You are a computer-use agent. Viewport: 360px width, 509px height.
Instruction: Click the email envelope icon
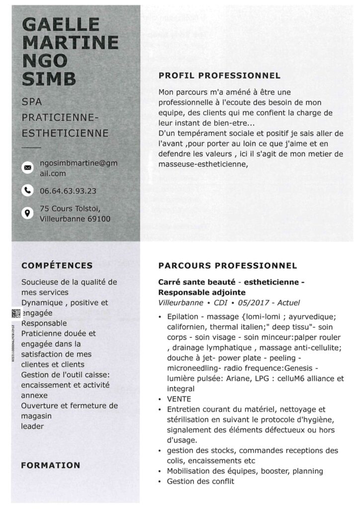point(28,168)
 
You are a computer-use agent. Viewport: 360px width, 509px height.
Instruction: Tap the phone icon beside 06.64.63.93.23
point(28,190)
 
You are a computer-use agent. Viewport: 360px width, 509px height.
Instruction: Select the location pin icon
point(28,213)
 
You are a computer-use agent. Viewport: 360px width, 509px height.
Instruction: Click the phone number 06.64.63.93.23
point(68,190)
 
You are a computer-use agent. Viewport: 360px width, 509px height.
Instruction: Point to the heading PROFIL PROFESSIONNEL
point(219,76)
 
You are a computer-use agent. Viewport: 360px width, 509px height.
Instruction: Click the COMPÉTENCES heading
point(57,266)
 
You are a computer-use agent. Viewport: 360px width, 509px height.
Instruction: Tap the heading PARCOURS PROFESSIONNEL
point(227,266)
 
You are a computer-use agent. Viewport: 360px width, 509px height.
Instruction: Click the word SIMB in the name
point(50,79)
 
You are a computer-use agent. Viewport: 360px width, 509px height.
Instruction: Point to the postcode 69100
point(98,219)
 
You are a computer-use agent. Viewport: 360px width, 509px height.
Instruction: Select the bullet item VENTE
point(179,399)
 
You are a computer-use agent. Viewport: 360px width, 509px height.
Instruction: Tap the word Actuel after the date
point(288,303)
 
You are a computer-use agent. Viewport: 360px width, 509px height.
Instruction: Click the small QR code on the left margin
point(16,313)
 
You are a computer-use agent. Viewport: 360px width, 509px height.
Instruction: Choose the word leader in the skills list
point(32,426)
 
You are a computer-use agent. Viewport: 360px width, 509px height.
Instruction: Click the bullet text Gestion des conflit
point(200,481)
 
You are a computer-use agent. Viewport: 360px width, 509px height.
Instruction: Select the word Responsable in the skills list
point(44,323)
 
